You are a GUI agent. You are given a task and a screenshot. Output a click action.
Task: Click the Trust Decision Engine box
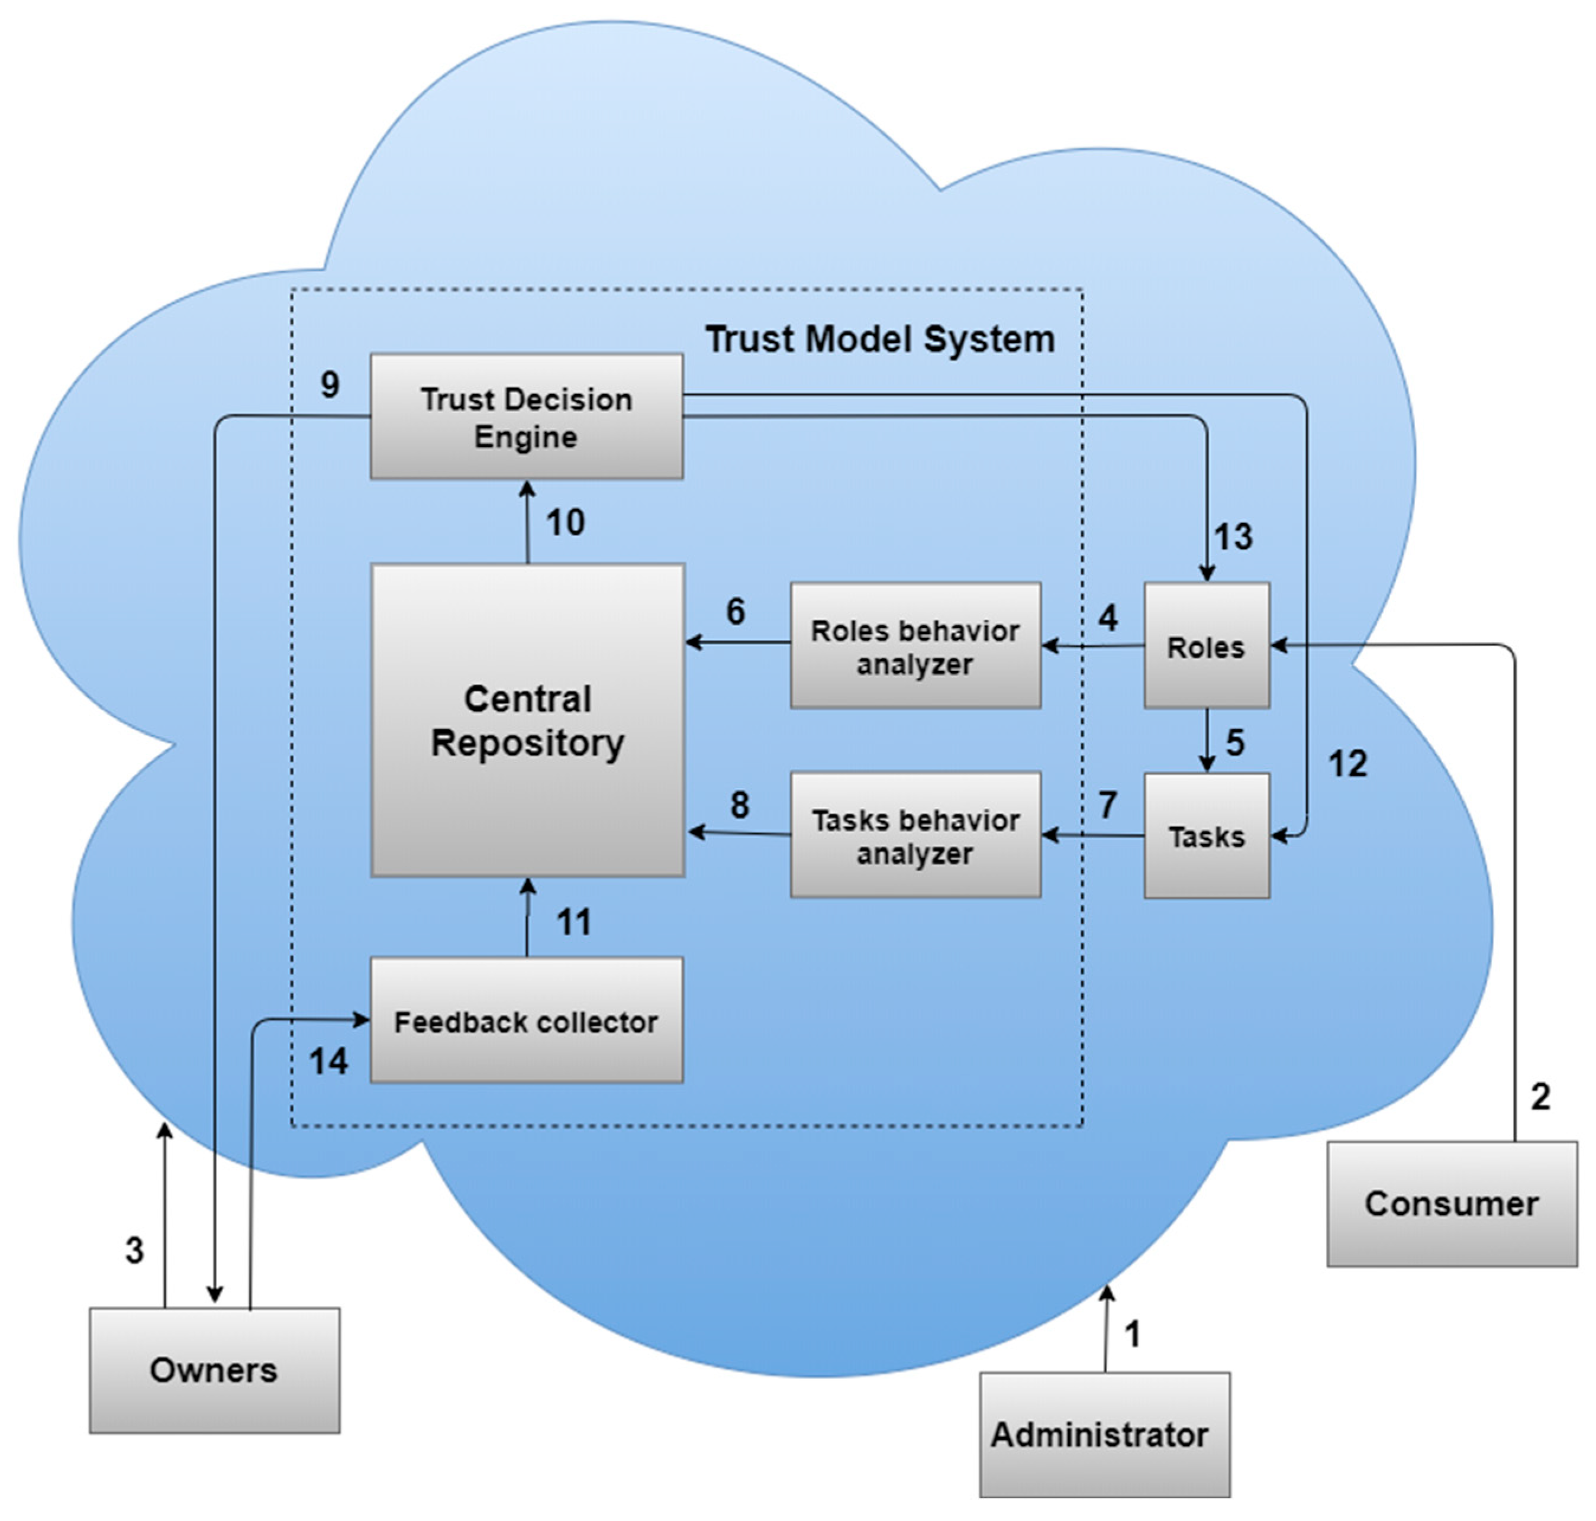click(x=526, y=416)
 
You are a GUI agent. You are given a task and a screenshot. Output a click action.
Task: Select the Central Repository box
click(x=527, y=720)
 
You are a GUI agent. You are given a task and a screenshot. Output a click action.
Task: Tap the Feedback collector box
click(x=526, y=1021)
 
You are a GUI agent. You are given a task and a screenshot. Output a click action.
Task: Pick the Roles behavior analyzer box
click(x=915, y=645)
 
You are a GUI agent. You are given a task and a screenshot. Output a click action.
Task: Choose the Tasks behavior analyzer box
click(x=915, y=835)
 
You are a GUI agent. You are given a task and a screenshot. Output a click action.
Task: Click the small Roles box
click(x=1206, y=645)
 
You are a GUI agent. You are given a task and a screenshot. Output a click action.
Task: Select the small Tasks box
click(x=1206, y=835)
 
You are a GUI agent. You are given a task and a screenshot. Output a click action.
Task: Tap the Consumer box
click(x=1452, y=1203)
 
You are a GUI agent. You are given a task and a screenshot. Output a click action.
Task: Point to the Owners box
click(x=214, y=1370)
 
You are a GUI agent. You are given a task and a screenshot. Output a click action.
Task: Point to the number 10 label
click(x=565, y=522)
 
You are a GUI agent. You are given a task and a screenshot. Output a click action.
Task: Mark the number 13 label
click(x=1233, y=537)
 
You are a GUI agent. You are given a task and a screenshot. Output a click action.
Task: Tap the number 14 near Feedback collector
click(x=328, y=1061)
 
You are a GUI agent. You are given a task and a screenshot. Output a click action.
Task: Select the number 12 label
click(x=1347, y=764)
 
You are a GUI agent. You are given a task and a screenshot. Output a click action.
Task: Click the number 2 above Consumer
click(x=1540, y=1097)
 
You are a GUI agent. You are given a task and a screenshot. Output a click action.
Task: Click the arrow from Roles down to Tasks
click(x=1206, y=739)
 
